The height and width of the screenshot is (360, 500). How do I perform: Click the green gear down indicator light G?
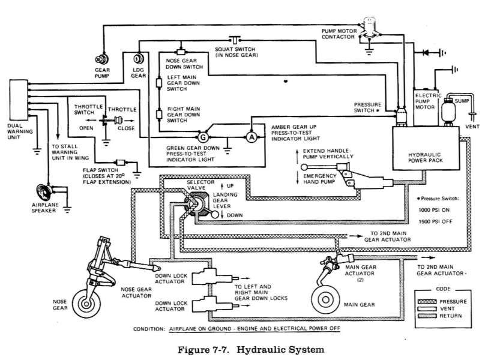(x=203, y=137)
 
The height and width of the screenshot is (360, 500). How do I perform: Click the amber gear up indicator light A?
(x=252, y=137)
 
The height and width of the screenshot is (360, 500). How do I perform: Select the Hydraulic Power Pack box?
(x=426, y=148)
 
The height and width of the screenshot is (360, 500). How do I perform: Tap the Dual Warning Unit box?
(x=19, y=100)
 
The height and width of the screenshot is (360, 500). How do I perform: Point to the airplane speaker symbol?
(x=44, y=192)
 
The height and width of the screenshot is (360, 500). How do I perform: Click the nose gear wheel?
(x=86, y=304)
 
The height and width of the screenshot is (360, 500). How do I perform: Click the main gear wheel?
(x=325, y=300)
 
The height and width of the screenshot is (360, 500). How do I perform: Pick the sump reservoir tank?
(x=447, y=110)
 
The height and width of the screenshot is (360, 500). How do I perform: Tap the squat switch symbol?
(x=235, y=40)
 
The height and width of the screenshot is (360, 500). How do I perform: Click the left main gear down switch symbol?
(x=159, y=83)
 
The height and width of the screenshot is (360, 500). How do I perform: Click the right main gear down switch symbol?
(x=159, y=114)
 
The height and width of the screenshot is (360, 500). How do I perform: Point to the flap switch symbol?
(x=121, y=162)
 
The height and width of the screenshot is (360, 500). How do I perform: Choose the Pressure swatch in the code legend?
(x=427, y=302)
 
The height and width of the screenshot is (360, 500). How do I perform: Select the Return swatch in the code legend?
(x=427, y=316)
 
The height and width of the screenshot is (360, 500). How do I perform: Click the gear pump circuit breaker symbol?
(x=102, y=59)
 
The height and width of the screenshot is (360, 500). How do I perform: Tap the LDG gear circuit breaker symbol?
(x=139, y=59)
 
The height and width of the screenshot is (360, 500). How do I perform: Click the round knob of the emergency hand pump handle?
(x=304, y=167)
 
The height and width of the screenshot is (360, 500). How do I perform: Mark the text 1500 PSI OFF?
(x=435, y=221)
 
